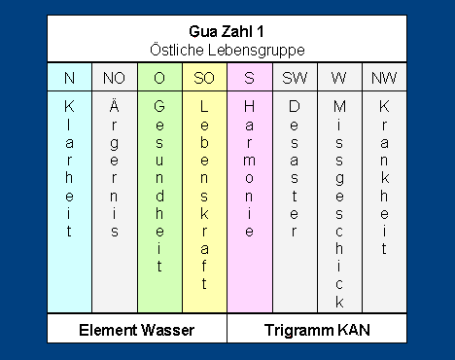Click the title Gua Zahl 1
pos(227,31)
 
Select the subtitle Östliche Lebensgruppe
pos(227,50)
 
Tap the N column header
pos(69,78)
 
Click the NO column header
pos(114,78)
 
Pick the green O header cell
pos(159,77)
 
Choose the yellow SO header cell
pos(204,77)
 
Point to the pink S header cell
pos(250,77)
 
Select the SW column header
pos(295,78)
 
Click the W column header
pos(339,78)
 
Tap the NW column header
pos(384,78)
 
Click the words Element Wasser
pos(137,330)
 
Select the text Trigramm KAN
pos(317,330)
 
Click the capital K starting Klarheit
pos(69,106)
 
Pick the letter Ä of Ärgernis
pos(114,105)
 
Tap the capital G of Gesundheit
pos(159,106)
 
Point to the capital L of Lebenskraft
pos(204,106)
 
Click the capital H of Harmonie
pos(249,106)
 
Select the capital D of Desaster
pos(295,106)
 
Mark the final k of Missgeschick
pos(339,302)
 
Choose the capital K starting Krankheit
pos(384,106)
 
